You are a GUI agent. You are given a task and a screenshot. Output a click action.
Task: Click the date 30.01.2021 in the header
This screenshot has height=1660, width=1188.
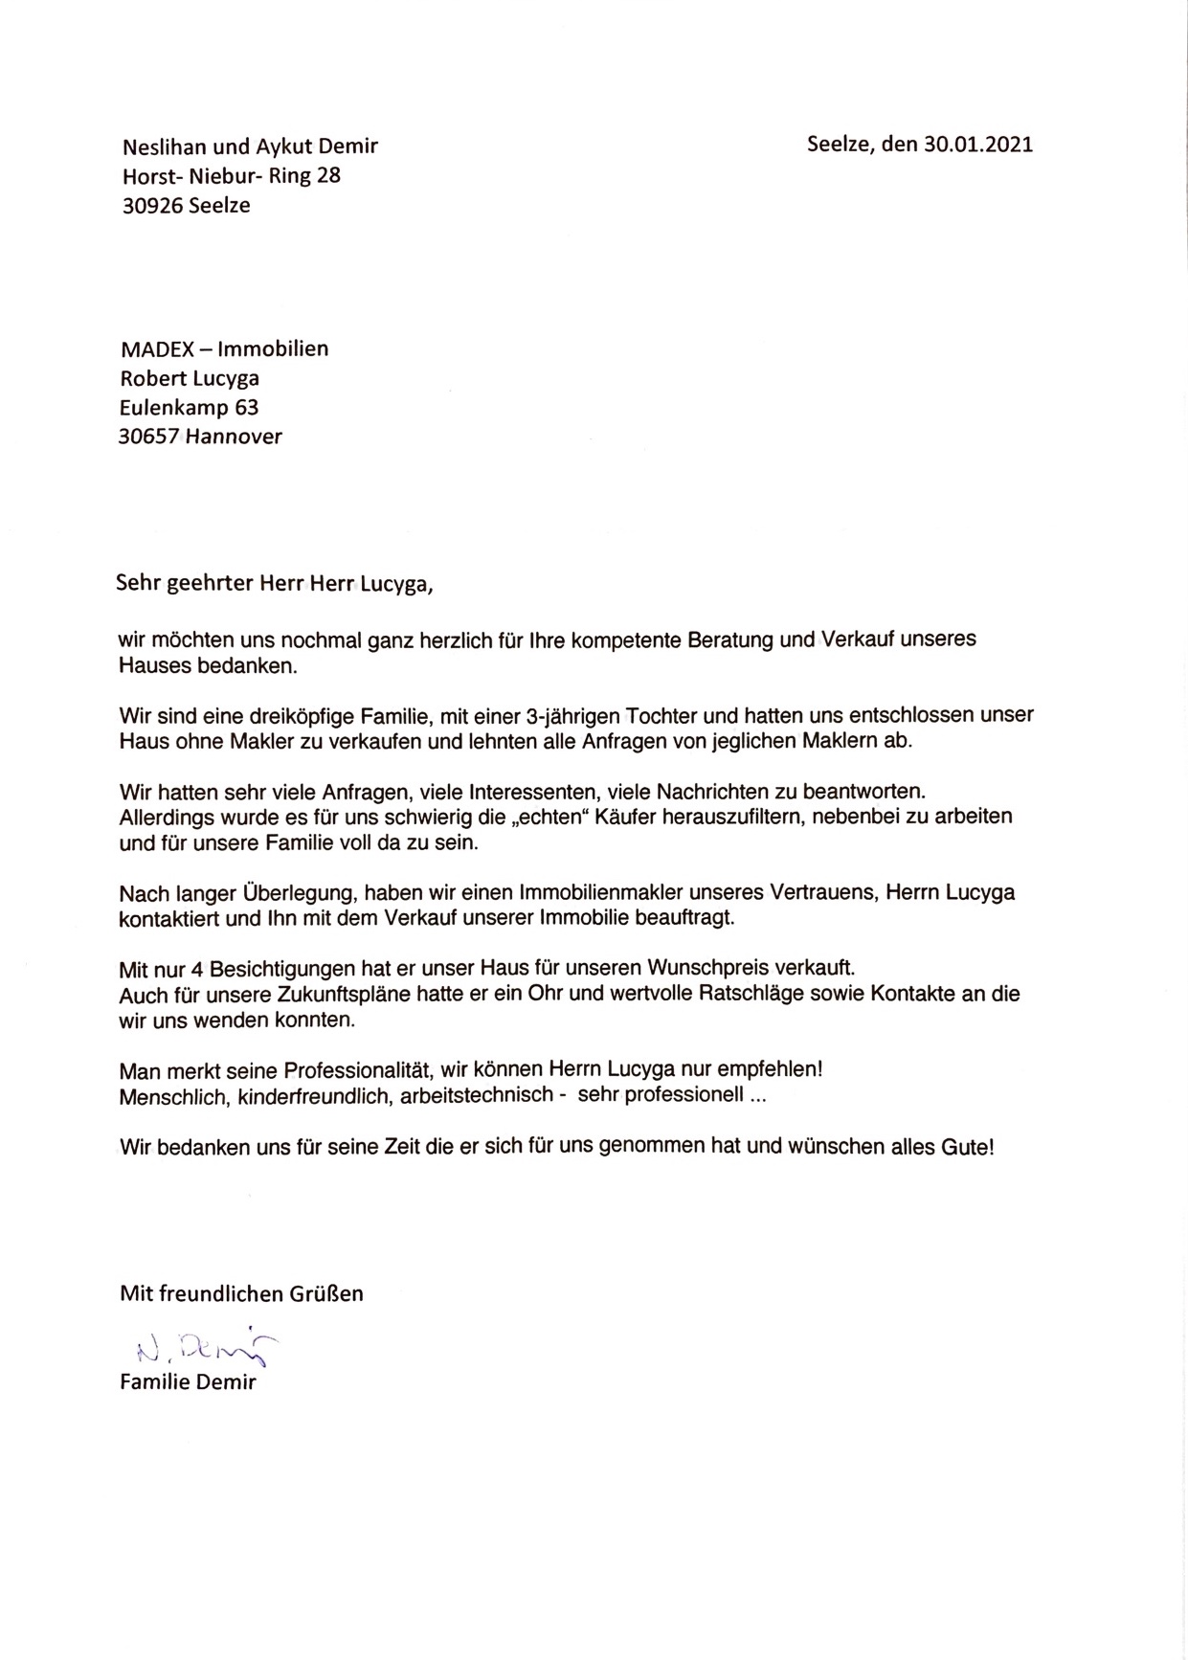[977, 146]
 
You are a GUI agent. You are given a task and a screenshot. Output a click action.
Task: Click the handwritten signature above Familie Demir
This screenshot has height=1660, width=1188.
[203, 1349]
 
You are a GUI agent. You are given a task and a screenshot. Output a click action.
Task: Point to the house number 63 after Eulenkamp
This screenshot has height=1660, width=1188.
[247, 408]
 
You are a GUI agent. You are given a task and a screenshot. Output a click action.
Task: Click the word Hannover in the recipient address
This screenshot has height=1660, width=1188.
[235, 437]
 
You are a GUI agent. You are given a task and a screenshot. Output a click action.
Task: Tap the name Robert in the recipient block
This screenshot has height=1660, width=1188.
[153, 378]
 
